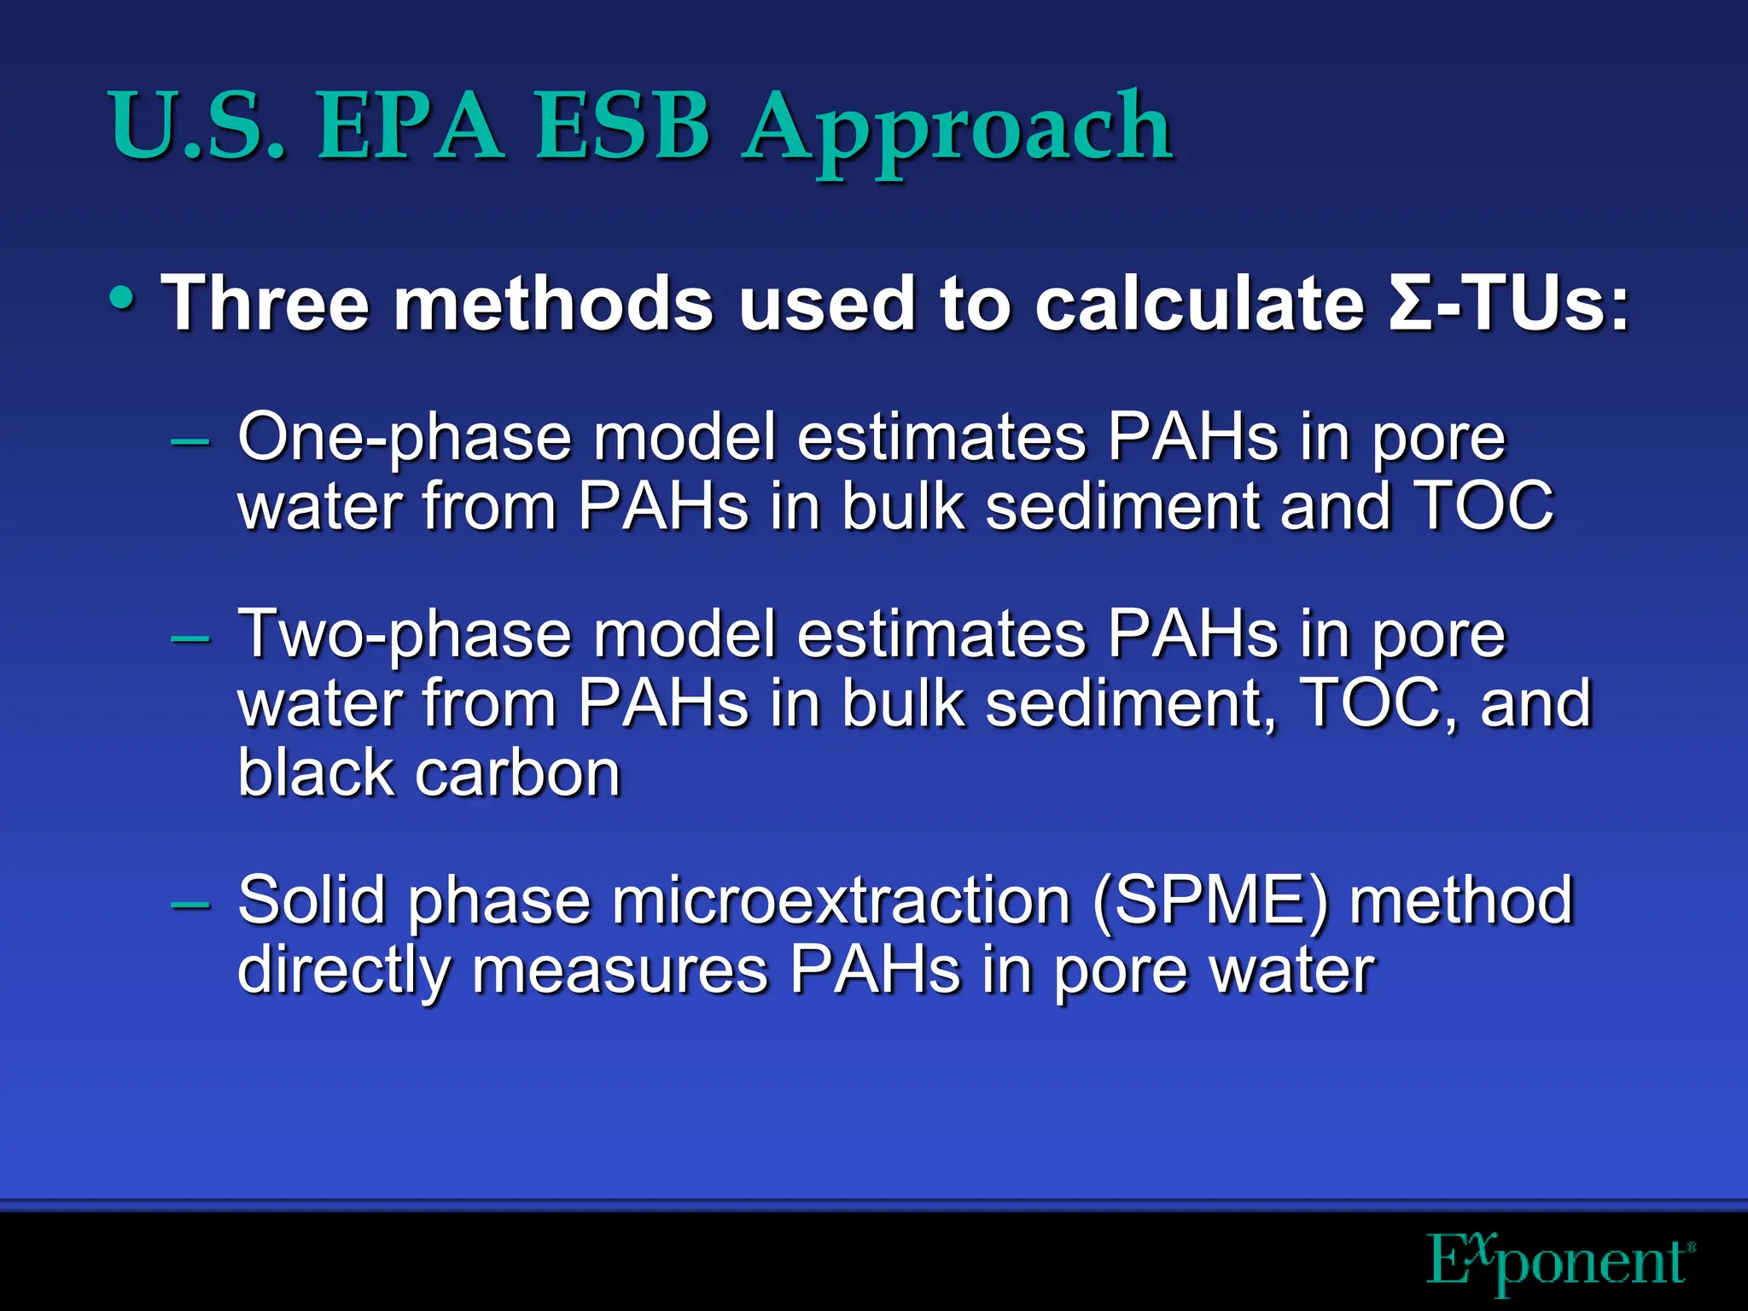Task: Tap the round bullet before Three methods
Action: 121,300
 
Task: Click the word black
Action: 315,773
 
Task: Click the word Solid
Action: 312,901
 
